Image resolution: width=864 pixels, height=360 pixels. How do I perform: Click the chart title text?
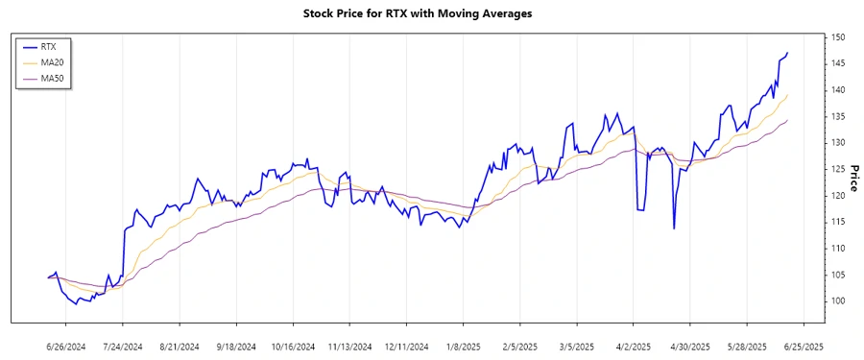pyautogui.click(x=430, y=13)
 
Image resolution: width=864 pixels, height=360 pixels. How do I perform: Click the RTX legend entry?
pyautogui.click(x=48, y=46)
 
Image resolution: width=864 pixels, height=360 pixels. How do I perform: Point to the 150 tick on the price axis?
pyautogui.click(x=838, y=37)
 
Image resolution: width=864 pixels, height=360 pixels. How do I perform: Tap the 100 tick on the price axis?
pyautogui.click(x=838, y=300)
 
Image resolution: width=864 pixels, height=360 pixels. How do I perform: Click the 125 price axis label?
pyautogui.click(x=838, y=169)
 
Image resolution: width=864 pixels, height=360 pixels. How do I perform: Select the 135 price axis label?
pyautogui.click(x=838, y=116)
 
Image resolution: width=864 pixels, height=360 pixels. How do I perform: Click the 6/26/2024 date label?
pyautogui.click(x=66, y=346)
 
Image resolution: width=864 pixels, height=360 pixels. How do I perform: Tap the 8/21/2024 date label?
pyautogui.click(x=179, y=346)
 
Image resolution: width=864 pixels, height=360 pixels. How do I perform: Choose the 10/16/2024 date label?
pyautogui.click(x=292, y=346)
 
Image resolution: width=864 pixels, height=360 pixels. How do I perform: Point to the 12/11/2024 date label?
pyautogui.click(x=405, y=346)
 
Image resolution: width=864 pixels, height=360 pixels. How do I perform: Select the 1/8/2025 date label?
pyautogui.click(x=462, y=346)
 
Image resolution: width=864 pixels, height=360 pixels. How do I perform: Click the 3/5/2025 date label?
pyautogui.click(x=575, y=346)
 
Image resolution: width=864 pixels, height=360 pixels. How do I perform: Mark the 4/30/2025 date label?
pyautogui.click(x=688, y=346)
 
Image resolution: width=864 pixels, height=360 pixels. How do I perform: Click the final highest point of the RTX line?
pyautogui.click(x=788, y=53)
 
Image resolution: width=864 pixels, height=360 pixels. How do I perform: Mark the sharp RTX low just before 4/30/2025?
pyautogui.click(x=674, y=228)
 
